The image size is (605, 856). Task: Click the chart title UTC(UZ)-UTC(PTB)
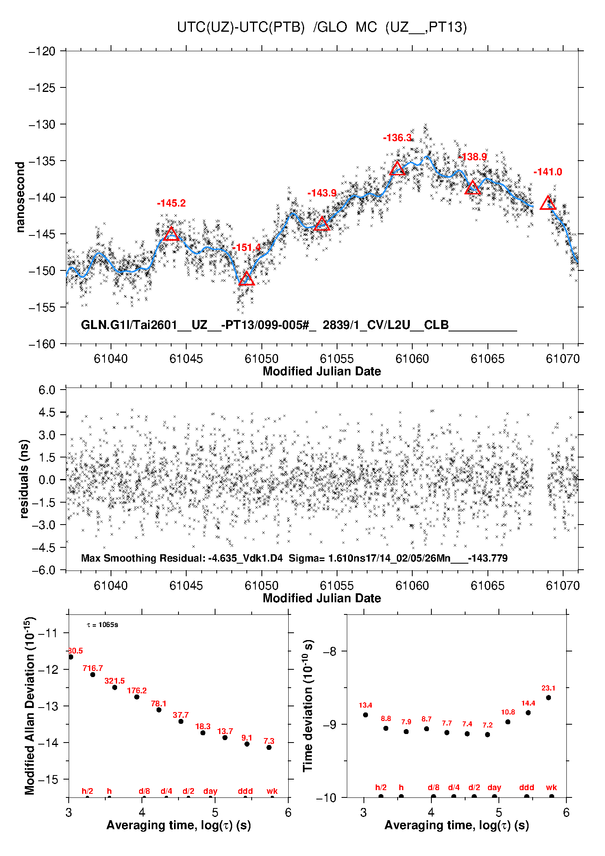241,27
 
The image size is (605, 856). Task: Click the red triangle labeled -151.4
246,279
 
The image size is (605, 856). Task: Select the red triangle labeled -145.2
171,234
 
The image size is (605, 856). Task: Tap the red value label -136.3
397,138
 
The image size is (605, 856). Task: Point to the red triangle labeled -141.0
548,203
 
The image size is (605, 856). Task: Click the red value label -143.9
322,193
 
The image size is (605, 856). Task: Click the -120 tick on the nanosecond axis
42,51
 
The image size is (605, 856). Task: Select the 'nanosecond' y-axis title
20,197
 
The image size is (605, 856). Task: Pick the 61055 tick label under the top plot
337,359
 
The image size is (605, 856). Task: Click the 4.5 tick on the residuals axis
47,412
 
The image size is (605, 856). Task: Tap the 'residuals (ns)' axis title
24,479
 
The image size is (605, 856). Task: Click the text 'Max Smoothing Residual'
142,558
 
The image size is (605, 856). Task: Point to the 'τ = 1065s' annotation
102,625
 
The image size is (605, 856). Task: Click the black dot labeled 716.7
93,675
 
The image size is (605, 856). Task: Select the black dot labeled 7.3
269,747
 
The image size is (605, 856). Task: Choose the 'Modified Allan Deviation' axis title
30,706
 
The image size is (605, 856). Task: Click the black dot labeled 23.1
548,698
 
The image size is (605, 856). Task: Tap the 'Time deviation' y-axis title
308,706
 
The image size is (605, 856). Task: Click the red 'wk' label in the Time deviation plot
551,788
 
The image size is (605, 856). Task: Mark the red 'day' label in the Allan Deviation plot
210,791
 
